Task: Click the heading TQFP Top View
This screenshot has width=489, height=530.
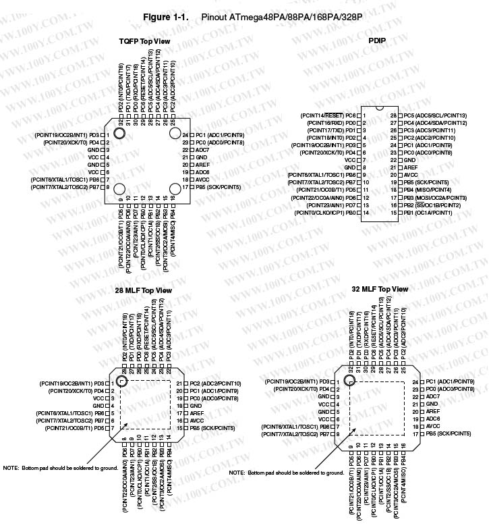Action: tap(144, 41)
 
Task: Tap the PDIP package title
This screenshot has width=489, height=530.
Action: tap(378, 41)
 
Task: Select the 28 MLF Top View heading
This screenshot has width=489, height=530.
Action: tap(144, 290)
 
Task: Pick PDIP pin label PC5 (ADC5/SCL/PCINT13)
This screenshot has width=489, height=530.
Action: tap(435, 115)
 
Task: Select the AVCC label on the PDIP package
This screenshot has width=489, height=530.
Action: tap(411, 175)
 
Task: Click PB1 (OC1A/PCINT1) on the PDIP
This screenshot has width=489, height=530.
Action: tap(428, 213)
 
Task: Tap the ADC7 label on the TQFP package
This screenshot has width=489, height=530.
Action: tap(203, 150)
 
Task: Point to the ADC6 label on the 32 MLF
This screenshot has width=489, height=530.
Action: tap(433, 419)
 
